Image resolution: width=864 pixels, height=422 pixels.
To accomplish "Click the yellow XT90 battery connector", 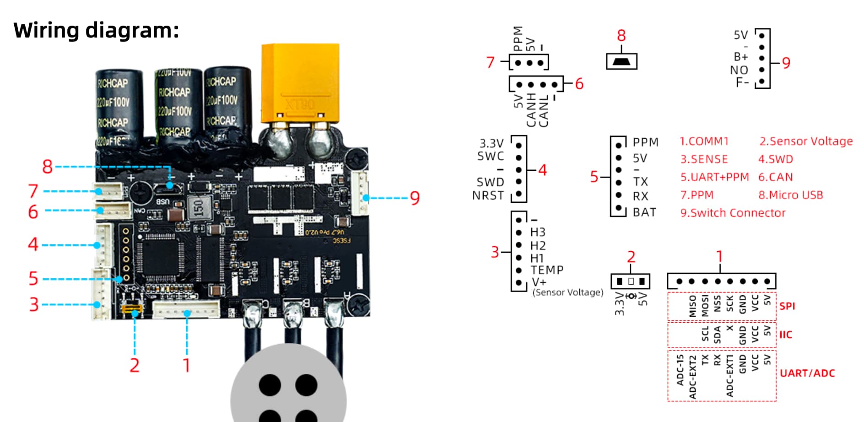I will (300, 85).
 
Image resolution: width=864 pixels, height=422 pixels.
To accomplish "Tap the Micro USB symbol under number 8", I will (621, 61).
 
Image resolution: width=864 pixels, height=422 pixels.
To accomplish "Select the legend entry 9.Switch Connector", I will (732, 213).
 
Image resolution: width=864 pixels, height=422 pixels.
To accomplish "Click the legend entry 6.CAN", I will (775, 177).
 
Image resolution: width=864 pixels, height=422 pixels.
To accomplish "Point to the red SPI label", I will (787, 306).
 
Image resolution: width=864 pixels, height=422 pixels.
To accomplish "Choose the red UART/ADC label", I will (807, 373).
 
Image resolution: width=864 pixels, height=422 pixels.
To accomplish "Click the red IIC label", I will (786, 335).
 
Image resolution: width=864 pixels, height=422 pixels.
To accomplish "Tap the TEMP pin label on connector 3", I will (547, 270).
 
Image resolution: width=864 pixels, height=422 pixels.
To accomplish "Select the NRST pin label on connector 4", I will (488, 195).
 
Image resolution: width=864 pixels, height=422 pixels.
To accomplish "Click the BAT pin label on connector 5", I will (644, 212).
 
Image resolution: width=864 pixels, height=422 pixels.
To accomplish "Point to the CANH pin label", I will (531, 110).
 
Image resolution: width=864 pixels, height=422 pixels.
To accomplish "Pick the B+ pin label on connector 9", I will (740, 57).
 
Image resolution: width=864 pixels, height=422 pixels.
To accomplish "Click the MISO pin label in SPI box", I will (692, 306).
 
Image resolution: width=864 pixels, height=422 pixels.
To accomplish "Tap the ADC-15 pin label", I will (680, 370).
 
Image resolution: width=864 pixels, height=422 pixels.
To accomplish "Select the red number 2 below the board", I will (134, 365).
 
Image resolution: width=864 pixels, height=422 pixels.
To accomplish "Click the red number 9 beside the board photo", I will (415, 198).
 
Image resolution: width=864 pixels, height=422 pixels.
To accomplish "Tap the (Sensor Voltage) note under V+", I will (567, 292).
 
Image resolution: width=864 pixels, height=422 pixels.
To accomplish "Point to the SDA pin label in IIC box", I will (717, 335).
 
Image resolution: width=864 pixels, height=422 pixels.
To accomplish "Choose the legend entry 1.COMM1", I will (704, 141).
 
